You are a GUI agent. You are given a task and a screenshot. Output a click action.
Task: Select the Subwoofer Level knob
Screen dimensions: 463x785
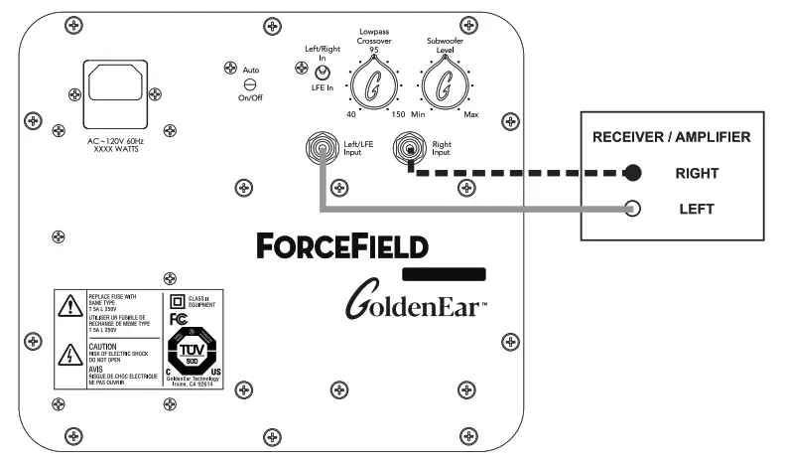click(444, 86)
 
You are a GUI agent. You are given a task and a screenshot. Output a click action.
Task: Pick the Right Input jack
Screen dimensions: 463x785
click(408, 151)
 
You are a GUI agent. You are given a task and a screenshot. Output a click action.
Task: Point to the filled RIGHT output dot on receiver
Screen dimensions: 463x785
click(631, 174)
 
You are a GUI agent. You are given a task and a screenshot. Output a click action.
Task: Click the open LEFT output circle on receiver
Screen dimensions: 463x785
click(631, 209)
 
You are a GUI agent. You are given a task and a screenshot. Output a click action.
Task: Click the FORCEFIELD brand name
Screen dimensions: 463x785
click(340, 244)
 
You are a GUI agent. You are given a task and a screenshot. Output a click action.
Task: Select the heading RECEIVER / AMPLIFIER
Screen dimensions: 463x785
click(672, 137)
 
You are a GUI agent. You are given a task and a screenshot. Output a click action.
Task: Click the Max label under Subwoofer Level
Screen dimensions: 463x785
click(471, 115)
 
